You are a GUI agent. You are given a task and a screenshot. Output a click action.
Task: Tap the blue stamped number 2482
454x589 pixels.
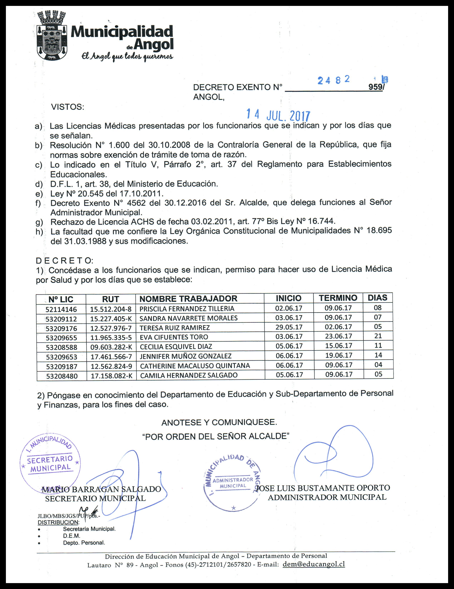pyautogui.click(x=334, y=80)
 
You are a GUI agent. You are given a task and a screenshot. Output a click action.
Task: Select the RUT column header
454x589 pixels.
pyautogui.click(x=110, y=299)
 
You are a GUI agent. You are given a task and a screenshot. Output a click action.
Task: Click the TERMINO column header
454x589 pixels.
pyautogui.click(x=338, y=298)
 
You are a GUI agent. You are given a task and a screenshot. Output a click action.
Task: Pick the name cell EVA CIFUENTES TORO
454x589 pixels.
pyautogui.click(x=174, y=337)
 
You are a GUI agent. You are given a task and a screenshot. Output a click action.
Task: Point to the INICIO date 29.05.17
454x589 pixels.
pyautogui.click(x=289, y=327)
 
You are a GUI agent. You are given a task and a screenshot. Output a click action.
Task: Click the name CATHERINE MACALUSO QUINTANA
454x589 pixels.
pyautogui.click(x=195, y=366)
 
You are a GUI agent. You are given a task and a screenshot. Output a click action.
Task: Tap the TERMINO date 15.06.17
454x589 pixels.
pyautogui.click(x=339, y=346)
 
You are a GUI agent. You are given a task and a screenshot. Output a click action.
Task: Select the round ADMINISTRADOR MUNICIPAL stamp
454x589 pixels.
pyautogui.click(x=233, y=483)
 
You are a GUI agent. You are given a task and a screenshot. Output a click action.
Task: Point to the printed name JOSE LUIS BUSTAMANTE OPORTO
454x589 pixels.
pyautogui.click(x=323, y=488)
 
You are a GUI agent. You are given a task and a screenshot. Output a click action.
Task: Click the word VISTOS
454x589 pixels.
pyautogui.click(x=68, y=107)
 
